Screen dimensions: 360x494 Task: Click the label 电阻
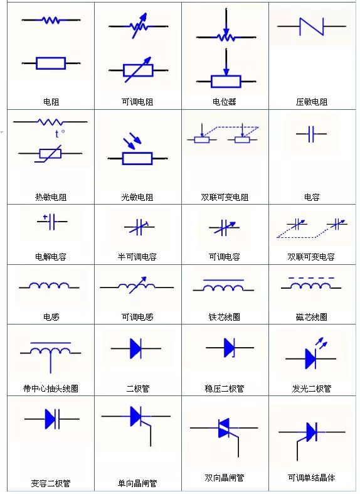click(x=51, y=102)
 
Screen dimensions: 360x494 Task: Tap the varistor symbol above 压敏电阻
click(x=312, y=26)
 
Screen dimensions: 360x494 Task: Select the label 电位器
click(x=225, y=102)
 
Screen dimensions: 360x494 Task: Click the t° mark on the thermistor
click(x=60, y=134)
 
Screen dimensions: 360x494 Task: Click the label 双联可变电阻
click(x=225, y=197)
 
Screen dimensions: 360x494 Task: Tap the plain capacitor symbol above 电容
click(x=311, y=134)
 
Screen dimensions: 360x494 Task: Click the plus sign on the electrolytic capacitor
click(x=45, y=217)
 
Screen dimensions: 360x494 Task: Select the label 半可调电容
click(x=137, y=257)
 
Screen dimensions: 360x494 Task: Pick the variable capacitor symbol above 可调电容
click(x=224, y=227)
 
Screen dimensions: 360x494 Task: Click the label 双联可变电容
click(x=311, y=257)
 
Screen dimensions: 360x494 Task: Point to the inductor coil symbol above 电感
click(x=49, y=286)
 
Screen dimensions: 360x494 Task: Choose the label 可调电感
click(x=137, y=316)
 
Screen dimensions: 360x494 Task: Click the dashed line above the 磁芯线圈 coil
click(x=311, y=278)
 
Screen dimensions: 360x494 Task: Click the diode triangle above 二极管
click(x=135, y=348)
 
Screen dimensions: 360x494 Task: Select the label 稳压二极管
click(x=225, y=389)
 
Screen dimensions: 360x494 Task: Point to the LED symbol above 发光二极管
click(x=311, y=354)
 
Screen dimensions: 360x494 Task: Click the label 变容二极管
click(x=51, y=483)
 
